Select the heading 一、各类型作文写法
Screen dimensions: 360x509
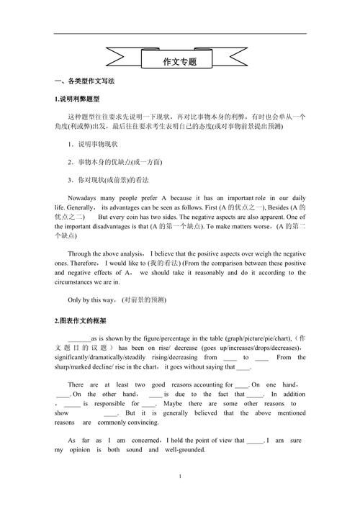click(84, 81)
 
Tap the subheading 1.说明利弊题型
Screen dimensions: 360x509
click(81, 99)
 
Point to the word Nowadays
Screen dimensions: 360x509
click(84, 197)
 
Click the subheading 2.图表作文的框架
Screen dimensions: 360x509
click(80, 320)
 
